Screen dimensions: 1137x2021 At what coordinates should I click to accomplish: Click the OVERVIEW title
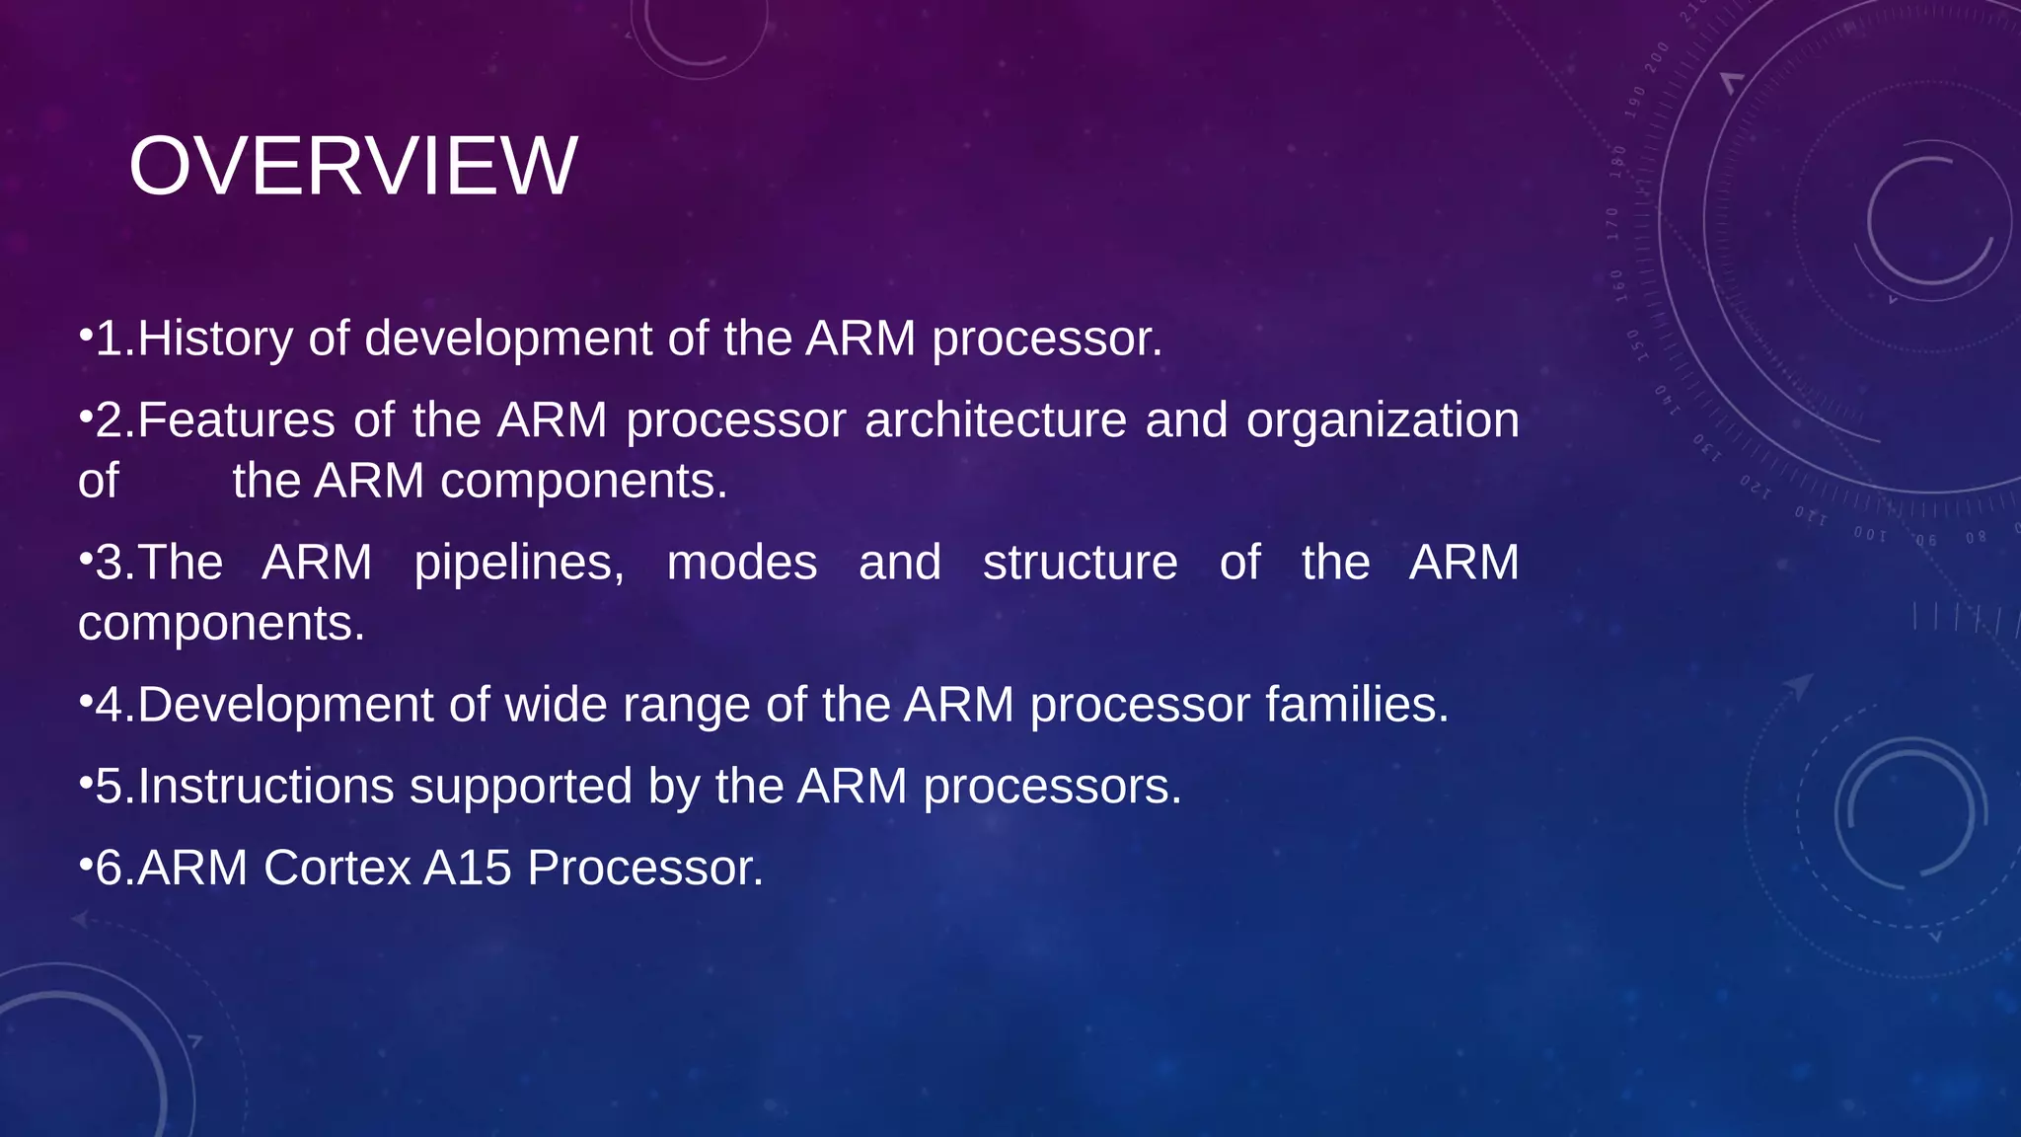[x=352, y=166]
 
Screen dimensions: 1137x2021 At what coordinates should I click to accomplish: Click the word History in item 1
[x=215, y=339]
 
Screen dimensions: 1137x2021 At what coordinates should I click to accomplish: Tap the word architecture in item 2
[x=995, y=420]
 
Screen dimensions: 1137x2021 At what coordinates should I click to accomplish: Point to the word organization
[x=1382, y=420]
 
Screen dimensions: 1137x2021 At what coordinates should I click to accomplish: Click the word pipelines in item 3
[x=518, y=565]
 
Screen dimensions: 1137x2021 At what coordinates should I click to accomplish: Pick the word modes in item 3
[x=741, y=563]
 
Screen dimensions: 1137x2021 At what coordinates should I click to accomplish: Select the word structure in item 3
[x=1080, y=563]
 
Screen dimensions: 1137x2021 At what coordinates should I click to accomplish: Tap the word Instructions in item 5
[x=265, y=787]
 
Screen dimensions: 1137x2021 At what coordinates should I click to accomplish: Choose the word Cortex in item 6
[x=337, y=869]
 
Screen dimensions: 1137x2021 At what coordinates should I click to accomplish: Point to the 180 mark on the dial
[x=1618, y=160]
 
